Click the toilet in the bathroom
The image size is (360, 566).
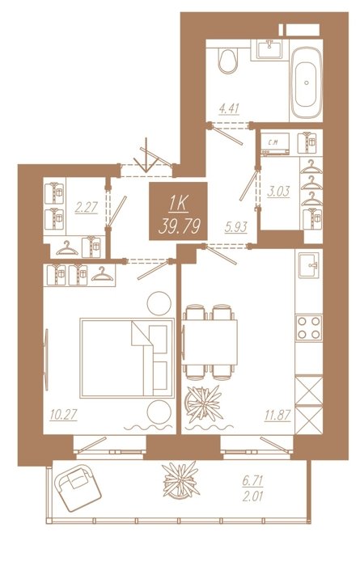228,61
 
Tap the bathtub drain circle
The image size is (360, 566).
306,82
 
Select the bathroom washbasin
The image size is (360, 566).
269,49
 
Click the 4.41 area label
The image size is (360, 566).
229,108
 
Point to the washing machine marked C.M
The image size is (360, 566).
275,144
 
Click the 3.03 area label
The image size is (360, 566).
278,192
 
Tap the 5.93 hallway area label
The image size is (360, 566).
235,227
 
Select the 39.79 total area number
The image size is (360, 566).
179,227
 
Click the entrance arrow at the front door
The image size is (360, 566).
146,155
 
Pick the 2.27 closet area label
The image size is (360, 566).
86,209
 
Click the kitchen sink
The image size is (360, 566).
309,265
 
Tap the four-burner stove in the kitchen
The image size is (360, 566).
309,327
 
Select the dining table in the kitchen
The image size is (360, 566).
210,342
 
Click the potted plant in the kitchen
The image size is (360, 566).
203,403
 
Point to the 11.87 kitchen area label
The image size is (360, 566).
277,416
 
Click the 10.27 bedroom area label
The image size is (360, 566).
64,415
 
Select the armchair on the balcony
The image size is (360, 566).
78,488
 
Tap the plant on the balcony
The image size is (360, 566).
180,480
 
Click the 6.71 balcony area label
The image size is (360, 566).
252,480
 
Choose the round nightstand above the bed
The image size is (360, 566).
159,303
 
